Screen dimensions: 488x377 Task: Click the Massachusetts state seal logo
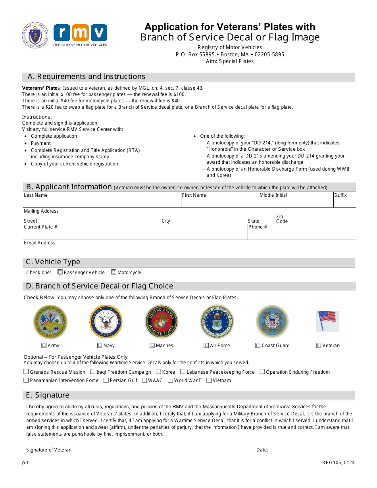pos(35,35)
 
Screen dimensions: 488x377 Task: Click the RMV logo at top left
pos(80,35)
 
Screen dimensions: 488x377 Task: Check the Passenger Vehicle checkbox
pos(60,272)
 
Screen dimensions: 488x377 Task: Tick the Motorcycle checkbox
pos(113,272)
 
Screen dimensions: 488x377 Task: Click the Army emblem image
pos(50,322)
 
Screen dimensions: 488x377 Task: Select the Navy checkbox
pos(100,346)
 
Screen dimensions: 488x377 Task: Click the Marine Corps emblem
pos(161,322)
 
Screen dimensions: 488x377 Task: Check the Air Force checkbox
pos(206,346)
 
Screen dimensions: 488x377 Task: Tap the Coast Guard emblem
pos(272,322)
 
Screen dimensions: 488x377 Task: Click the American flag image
pos(327,321)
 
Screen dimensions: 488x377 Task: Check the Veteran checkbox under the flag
pos(319,346)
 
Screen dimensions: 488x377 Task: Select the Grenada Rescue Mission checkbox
pos(26,372)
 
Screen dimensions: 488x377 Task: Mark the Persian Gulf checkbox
pos(106,380)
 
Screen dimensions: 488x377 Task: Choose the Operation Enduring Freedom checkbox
pos(262,372)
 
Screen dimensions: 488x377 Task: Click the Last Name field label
pos(36,195)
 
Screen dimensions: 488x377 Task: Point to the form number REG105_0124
pos(339,463)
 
